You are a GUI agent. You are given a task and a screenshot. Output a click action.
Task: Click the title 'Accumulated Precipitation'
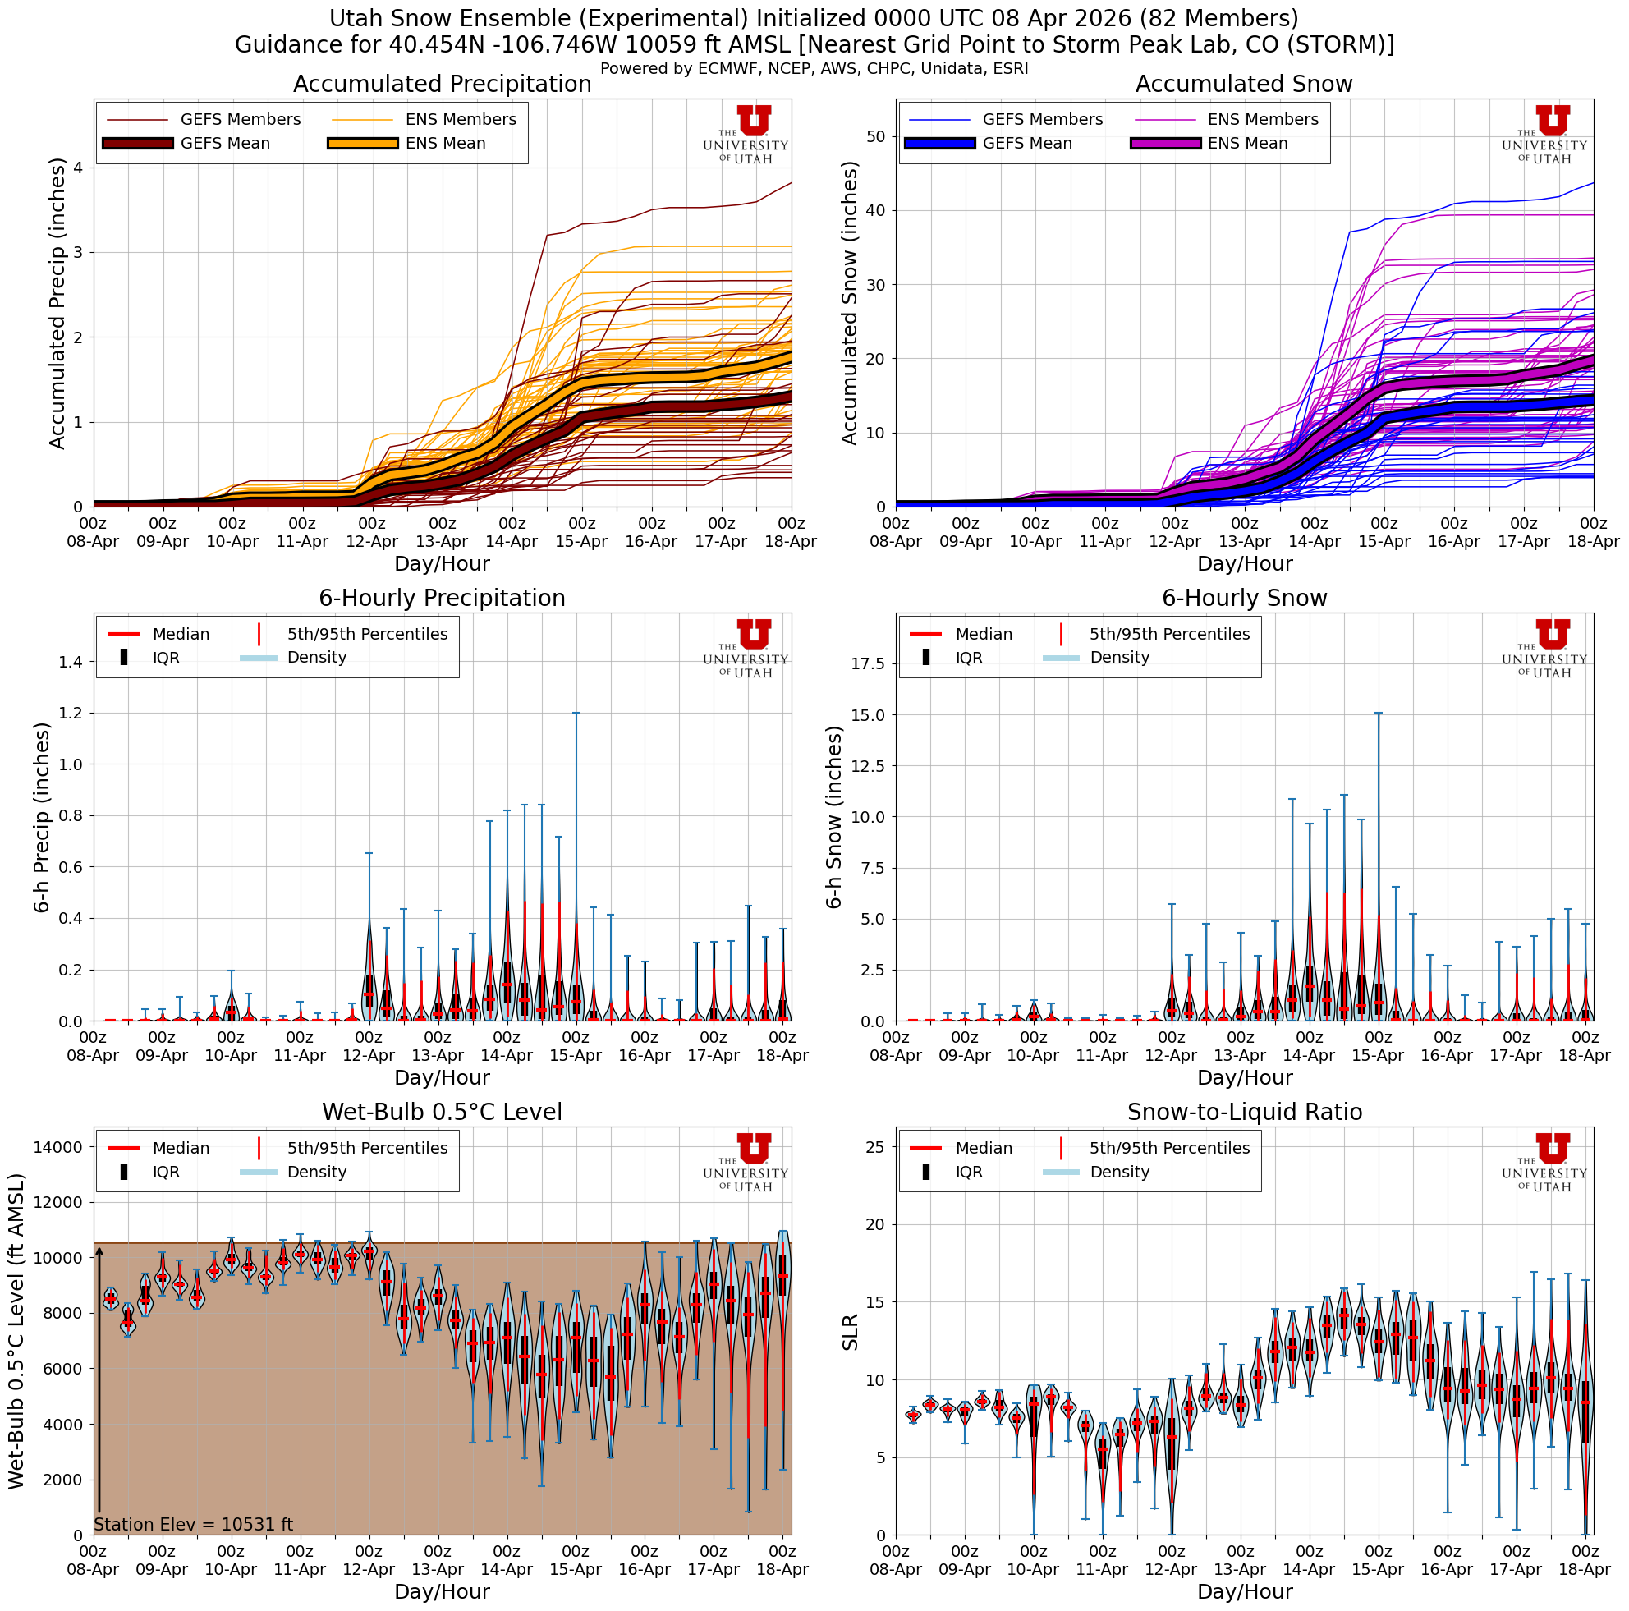click(442, 85)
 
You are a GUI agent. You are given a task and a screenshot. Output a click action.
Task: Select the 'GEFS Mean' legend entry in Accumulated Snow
click(1026, 144)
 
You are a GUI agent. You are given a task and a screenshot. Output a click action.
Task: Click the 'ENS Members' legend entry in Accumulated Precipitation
click(461, 120)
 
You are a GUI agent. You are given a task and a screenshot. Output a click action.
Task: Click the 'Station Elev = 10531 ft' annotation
click(193, 1524)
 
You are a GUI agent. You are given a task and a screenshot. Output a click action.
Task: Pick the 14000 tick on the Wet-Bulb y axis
click(57, 1146)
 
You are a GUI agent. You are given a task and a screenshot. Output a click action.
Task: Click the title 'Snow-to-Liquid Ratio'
click(1244, 1112)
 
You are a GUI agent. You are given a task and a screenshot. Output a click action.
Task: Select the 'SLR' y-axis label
click(850, 1332)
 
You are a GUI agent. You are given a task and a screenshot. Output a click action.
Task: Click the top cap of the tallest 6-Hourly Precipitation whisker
click(576, 714)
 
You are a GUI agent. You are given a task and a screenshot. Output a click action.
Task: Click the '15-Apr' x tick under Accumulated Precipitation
click(581, 542)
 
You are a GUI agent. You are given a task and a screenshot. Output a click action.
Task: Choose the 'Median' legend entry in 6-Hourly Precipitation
click(181, 634)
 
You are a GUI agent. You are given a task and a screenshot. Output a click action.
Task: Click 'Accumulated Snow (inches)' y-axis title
click(850, 304)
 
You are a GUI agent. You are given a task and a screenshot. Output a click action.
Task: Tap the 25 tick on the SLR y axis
click(874, 1146)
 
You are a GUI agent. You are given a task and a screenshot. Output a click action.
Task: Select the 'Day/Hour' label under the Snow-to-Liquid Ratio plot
click(1244, 1590)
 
